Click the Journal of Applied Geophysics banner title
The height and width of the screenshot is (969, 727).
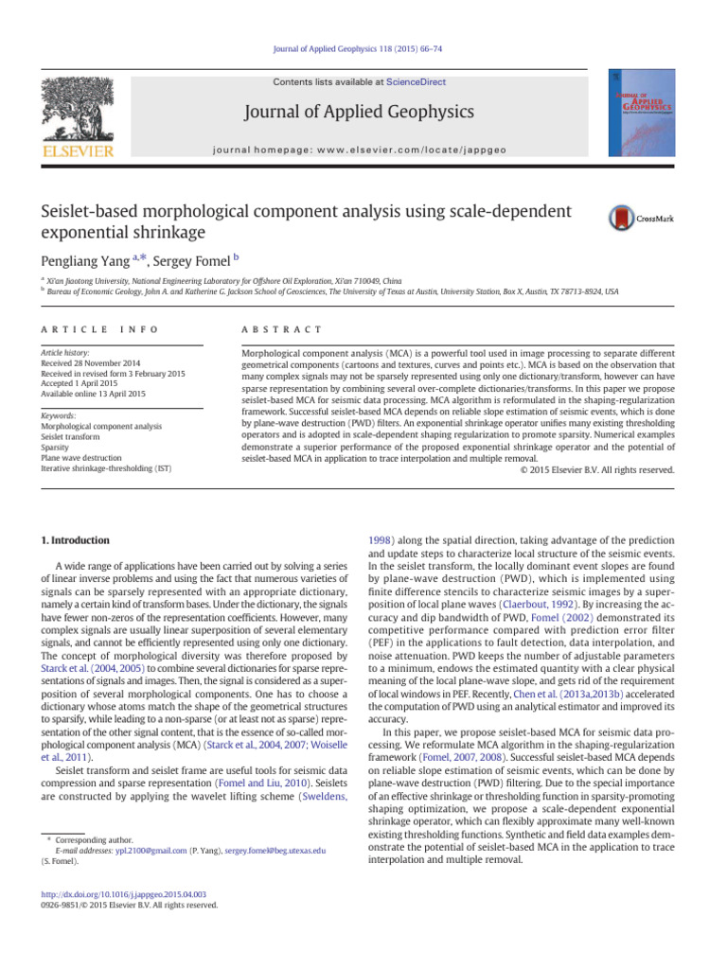[361, 113]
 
